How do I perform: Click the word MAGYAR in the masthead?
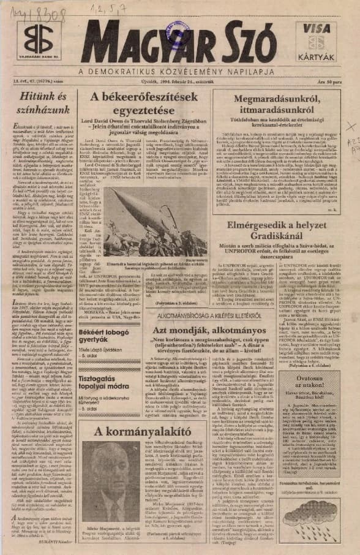[x=146, y=41]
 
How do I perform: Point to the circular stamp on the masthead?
[x=317, y=42]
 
